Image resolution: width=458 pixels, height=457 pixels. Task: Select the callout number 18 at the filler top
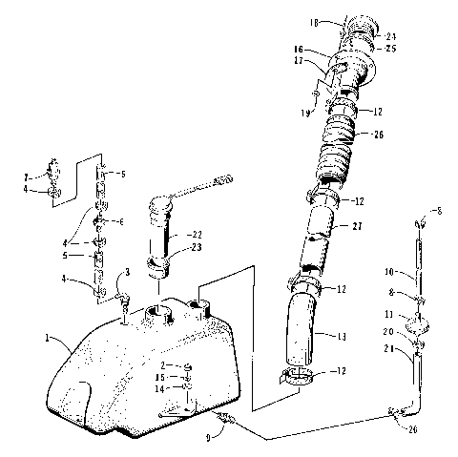click(x=314, y=16)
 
